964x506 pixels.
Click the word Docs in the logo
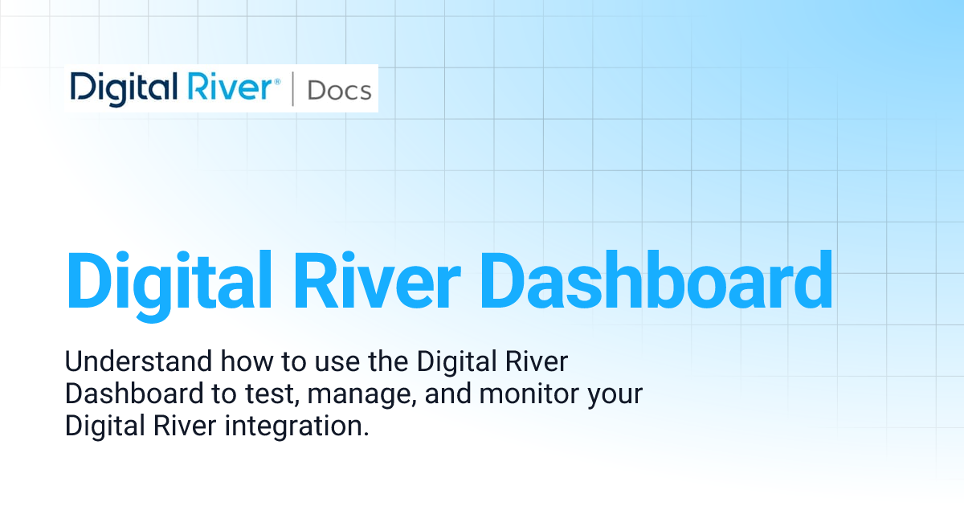point(339,90)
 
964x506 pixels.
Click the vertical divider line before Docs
point(292,89)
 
